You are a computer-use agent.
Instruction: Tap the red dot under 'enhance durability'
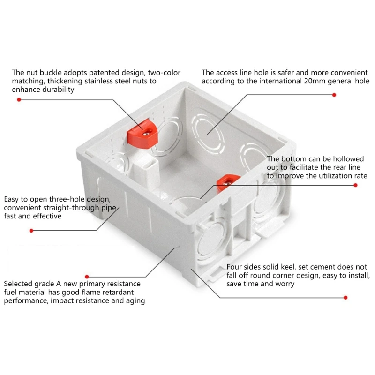tap(19, 100)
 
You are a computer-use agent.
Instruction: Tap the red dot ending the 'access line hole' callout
tap(334, 95)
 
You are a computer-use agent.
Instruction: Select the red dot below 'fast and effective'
tap(31, 230)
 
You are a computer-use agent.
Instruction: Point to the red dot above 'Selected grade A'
tap(87, 277)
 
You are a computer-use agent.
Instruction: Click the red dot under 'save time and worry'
tap(345, 297)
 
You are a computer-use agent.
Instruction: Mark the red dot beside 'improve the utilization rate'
tap(354, 185)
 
